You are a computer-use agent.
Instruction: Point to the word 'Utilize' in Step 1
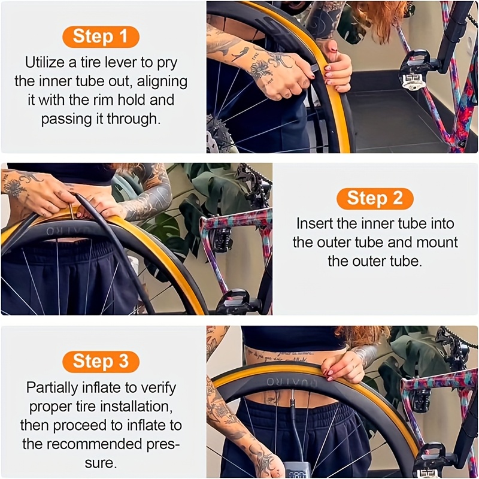point(47,62)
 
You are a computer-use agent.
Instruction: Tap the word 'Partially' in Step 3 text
point(52,387)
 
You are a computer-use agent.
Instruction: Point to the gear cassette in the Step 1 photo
point(219,132)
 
